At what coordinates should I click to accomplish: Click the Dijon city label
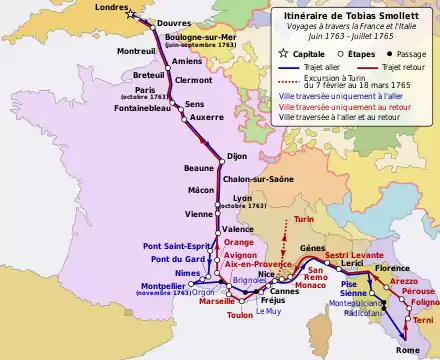pyautogui.click(x=237, y=156)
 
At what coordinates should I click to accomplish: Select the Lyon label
pyautogui.click(x=242, y=198)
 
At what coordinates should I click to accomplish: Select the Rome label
pyautogui.click(x=408, y=351)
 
